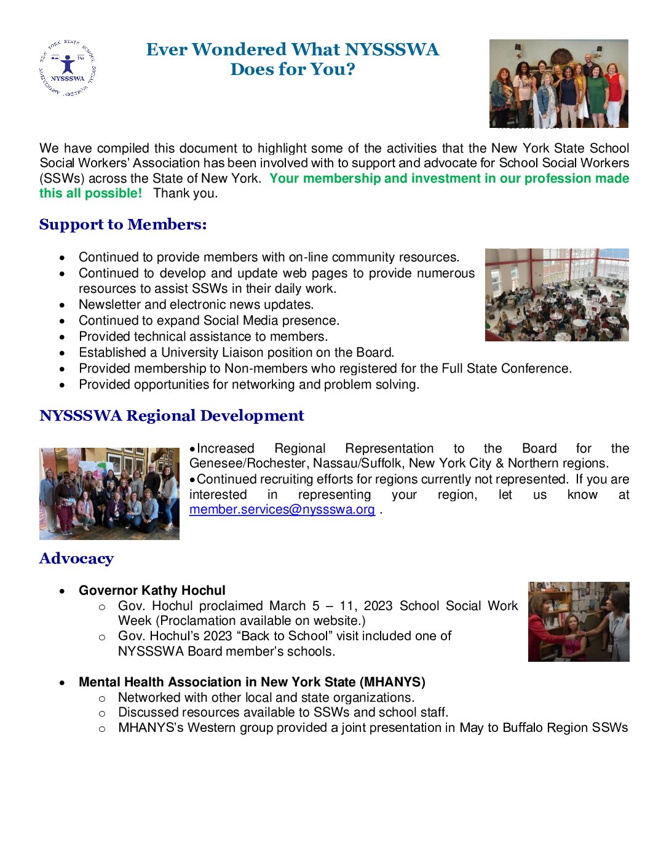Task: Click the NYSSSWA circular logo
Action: tap(67, 68)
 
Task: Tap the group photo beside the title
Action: tap(558, 84)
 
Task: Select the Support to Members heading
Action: tap(123, 224)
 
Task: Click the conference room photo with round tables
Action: tap(556, 295)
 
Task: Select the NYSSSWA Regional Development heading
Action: tap(172, 416)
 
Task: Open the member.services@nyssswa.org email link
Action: tap(282, 509)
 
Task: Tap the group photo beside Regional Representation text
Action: tap(109, 493)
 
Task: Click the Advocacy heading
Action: tap(76, 558)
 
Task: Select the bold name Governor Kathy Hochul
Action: tap(152, 590)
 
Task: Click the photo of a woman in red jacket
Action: tap(578, 622)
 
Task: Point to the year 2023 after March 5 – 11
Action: tap(378, 606)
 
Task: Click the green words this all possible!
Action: tap(91, 193)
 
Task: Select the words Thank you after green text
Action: tap(185, 193)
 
